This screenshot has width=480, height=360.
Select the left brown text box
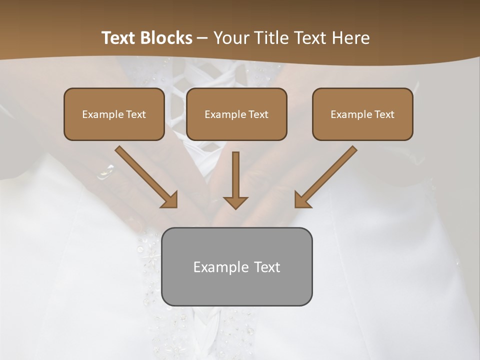114,114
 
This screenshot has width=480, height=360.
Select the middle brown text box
236,114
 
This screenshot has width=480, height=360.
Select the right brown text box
362,114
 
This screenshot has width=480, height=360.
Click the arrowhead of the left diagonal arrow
170,200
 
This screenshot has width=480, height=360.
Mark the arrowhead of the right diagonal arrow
301,200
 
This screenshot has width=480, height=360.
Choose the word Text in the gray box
267,267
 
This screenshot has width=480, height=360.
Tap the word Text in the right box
384,114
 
